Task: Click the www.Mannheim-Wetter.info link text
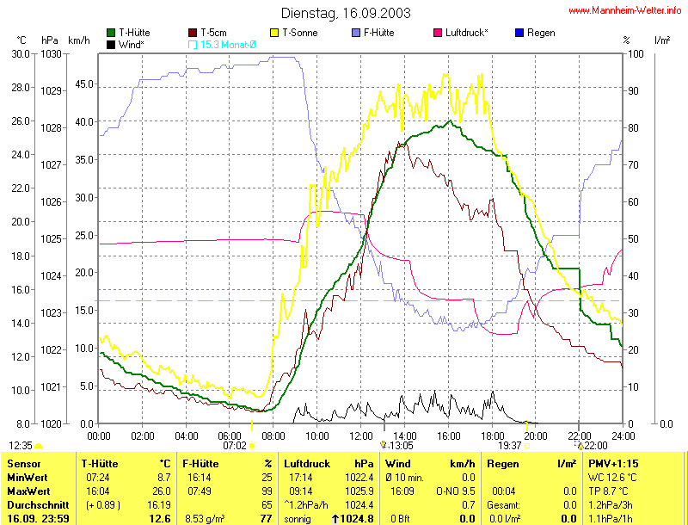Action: tap(624, 11)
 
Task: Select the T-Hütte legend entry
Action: tap(132, 33)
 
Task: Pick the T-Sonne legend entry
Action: tap(296, 33)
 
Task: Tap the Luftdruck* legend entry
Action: tap(466, 33)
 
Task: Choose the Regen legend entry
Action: tap(540, 33)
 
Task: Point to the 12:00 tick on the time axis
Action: tap(360, 435)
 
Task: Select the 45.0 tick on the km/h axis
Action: tap(83, 84)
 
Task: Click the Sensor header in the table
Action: tap(23, 464)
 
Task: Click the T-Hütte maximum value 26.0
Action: tap(163, 491)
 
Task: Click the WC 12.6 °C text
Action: tap(612, 477)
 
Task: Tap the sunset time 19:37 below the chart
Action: tap(511, 446)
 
